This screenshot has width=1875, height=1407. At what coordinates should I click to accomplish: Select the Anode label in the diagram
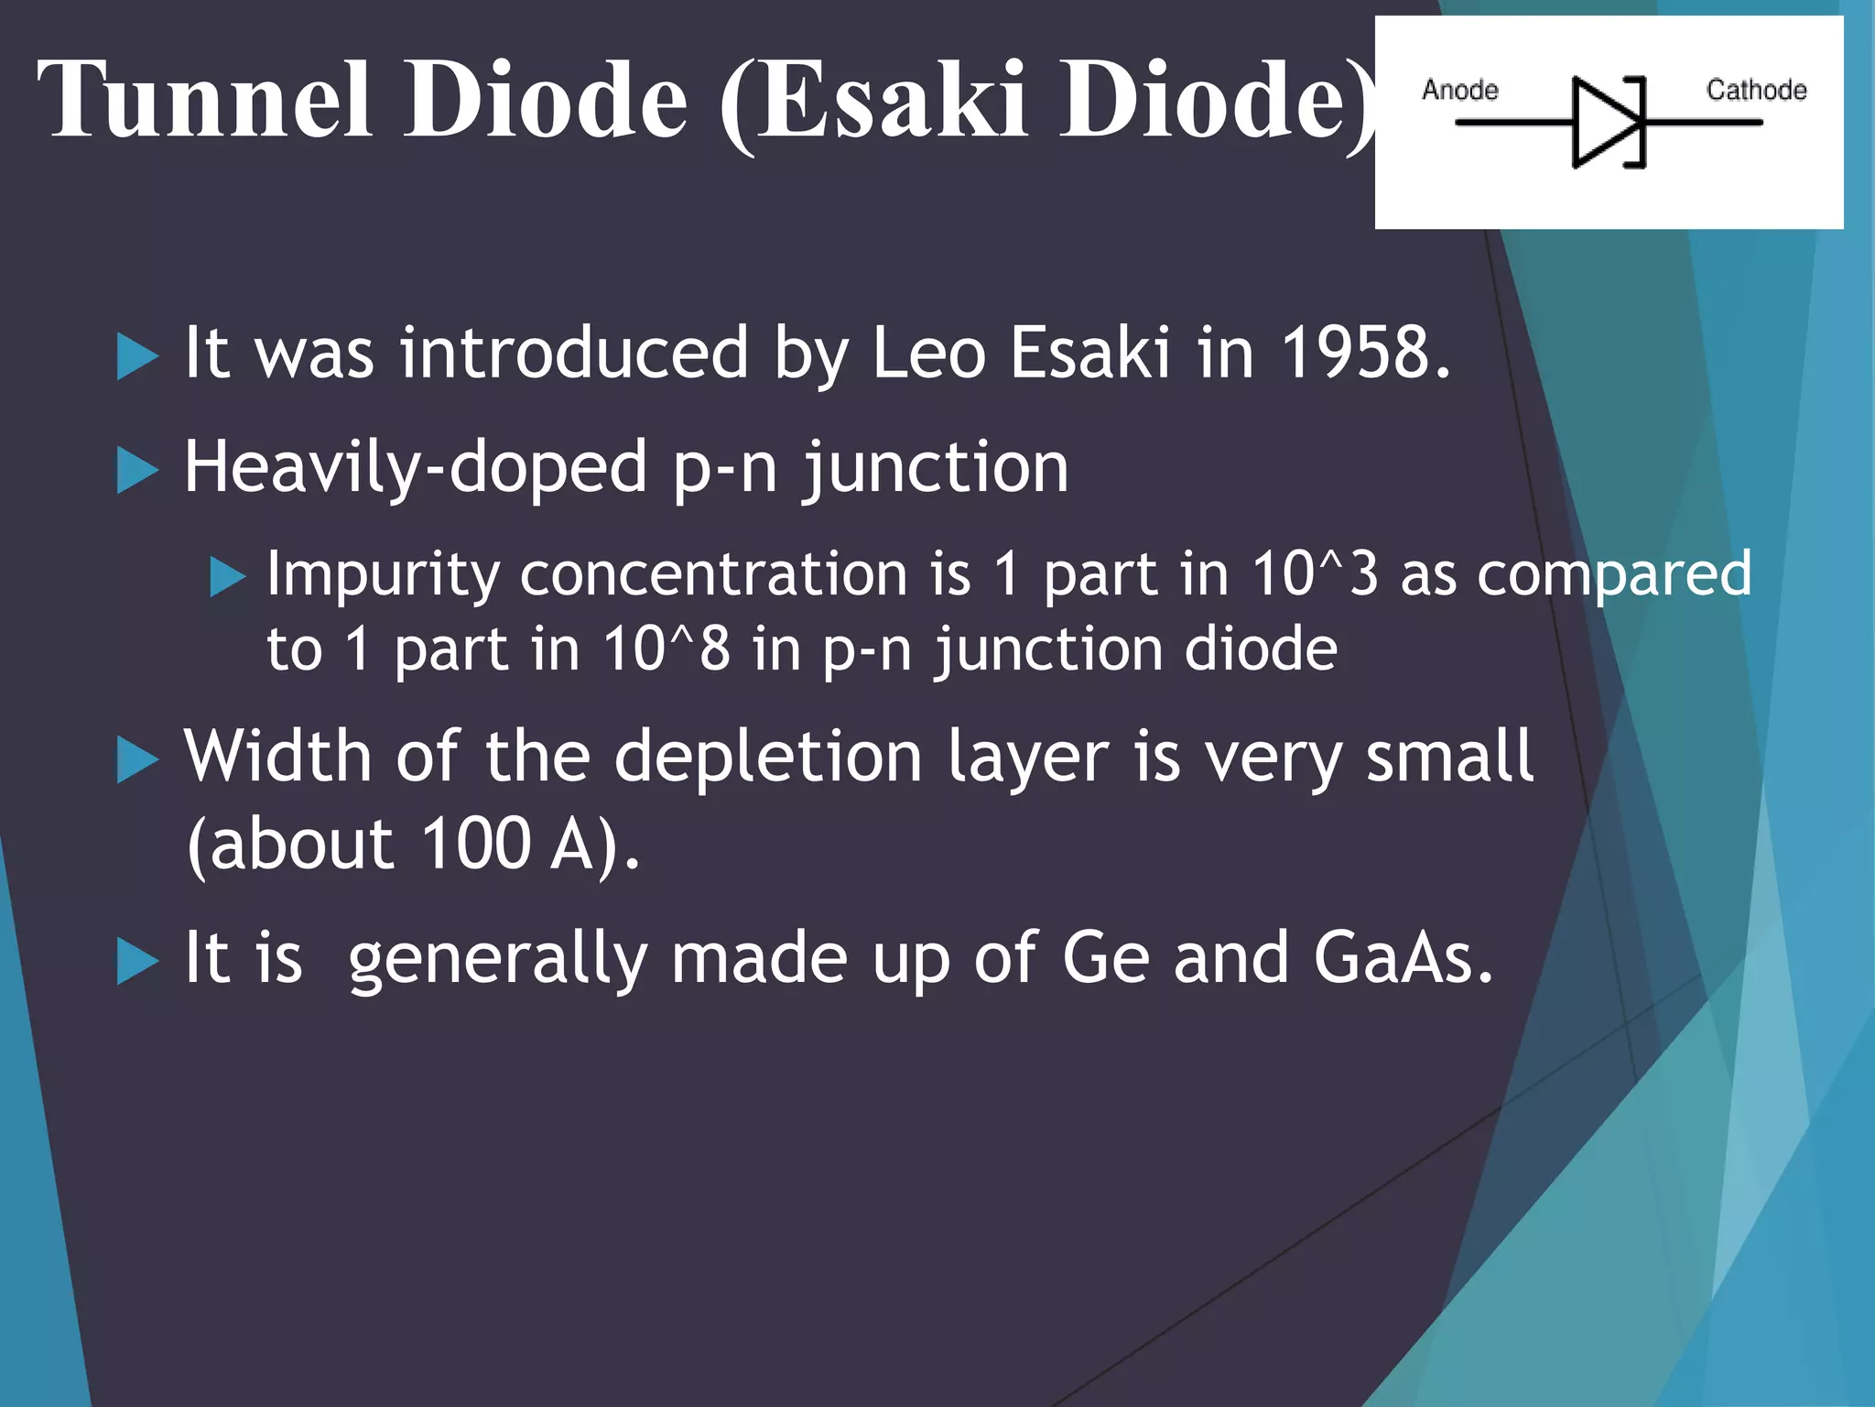coord(1459,90)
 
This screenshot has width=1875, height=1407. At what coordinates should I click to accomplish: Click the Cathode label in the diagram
coord(1756,90)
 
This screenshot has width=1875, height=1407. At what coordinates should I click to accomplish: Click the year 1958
coord(1364,353)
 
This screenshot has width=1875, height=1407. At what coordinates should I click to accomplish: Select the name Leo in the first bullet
coord(927,353)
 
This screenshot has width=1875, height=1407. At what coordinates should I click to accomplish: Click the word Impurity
coord(383,575)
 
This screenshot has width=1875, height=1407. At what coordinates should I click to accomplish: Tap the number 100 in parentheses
coord(476,843)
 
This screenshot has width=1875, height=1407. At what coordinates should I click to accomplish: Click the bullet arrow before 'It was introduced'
coord(137,356)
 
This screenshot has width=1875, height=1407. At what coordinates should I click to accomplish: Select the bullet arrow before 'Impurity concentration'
coord(228,577)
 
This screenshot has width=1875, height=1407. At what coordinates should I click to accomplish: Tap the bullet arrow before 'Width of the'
coord(137,760)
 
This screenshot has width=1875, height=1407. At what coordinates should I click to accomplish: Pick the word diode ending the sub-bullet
coord(1261,649)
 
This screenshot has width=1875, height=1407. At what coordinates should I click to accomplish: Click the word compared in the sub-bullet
coord(1614,575)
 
